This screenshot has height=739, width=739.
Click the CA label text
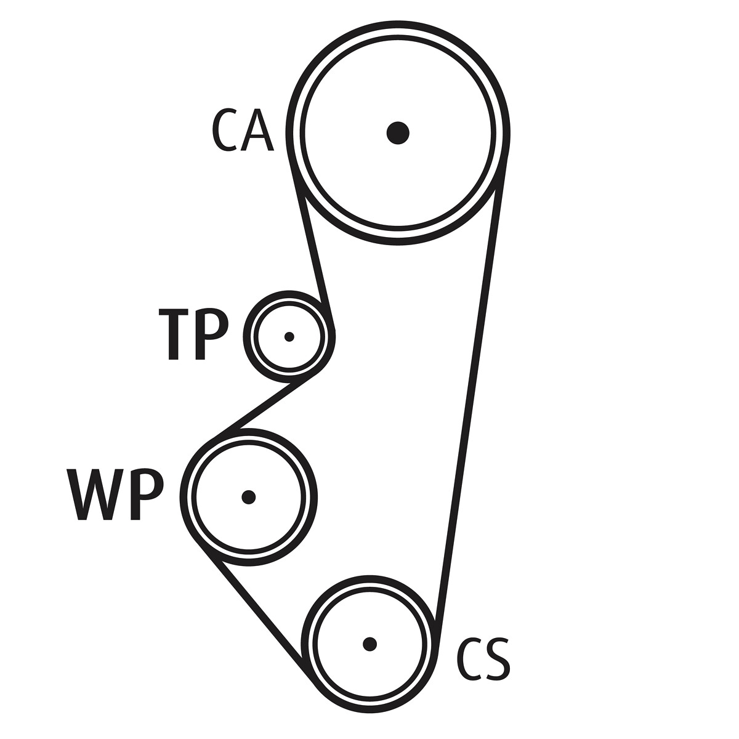242,131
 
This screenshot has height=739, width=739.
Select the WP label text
115,495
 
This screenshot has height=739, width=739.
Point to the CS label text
483,660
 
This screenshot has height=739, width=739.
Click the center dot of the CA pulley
398,132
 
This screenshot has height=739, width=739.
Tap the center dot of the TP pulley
289,337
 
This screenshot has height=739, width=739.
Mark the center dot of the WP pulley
248,496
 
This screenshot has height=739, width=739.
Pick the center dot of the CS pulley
369,644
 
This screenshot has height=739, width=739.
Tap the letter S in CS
497,660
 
